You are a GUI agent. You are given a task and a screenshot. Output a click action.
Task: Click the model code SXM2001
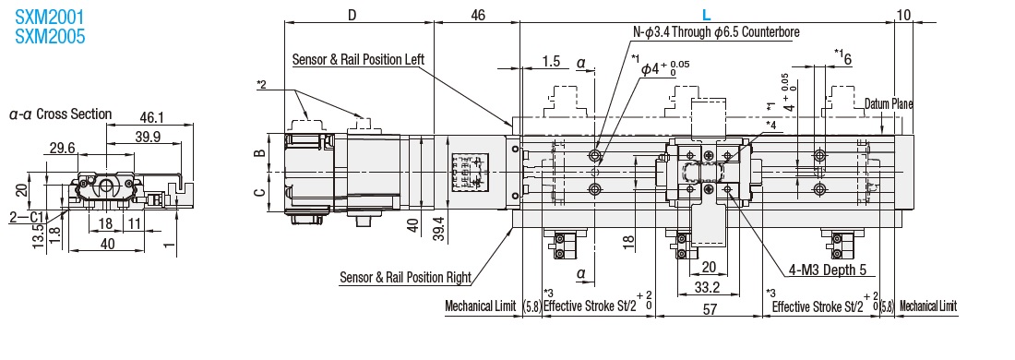pos(49,17)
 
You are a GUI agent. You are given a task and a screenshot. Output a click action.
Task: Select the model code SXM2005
pos(49,36)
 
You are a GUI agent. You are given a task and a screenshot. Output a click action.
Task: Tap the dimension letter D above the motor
pos(352,14)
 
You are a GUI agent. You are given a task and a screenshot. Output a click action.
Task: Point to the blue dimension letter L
pos(706,14)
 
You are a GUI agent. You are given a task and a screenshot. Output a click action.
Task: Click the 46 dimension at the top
pos(478,14)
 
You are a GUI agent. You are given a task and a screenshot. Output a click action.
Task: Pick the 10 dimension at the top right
pos(904,14)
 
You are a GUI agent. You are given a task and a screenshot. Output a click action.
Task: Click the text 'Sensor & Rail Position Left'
pos(358,60)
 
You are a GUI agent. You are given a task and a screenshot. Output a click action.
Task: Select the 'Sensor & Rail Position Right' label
pos(405,278)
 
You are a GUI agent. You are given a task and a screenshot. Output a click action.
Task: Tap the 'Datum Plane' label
pos(889,103)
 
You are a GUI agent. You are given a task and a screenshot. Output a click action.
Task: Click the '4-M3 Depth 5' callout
pos(827,270)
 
